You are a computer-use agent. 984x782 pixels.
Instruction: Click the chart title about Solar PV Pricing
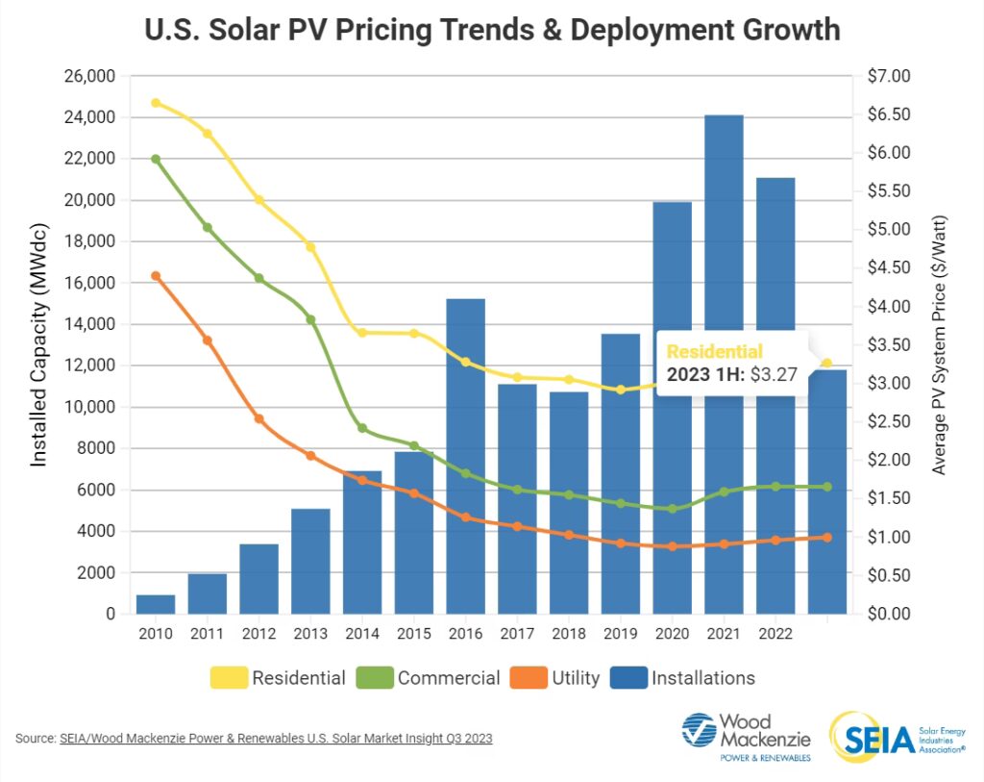[x=492, y=30]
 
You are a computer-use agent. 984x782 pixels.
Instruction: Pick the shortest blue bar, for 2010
[x=156, y=604]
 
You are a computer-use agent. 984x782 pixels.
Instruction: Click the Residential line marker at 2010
[x=156, y=103]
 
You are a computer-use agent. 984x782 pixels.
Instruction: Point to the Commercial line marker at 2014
[x=362, y=428]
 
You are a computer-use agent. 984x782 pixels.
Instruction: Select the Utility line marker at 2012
[x=258, y=418]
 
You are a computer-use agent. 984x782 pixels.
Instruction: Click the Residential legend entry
[x=279, y=678]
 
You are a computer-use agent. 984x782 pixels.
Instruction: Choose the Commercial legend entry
[x=430, y=678]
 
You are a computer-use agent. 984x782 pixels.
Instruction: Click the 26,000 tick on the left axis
[x=89, y=76]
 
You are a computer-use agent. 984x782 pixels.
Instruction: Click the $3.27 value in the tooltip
[x=774, y=375]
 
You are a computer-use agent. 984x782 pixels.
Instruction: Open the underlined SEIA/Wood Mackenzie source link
[x=276, y=739]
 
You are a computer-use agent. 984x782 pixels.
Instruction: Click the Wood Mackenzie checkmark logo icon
[x=700, y=732]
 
